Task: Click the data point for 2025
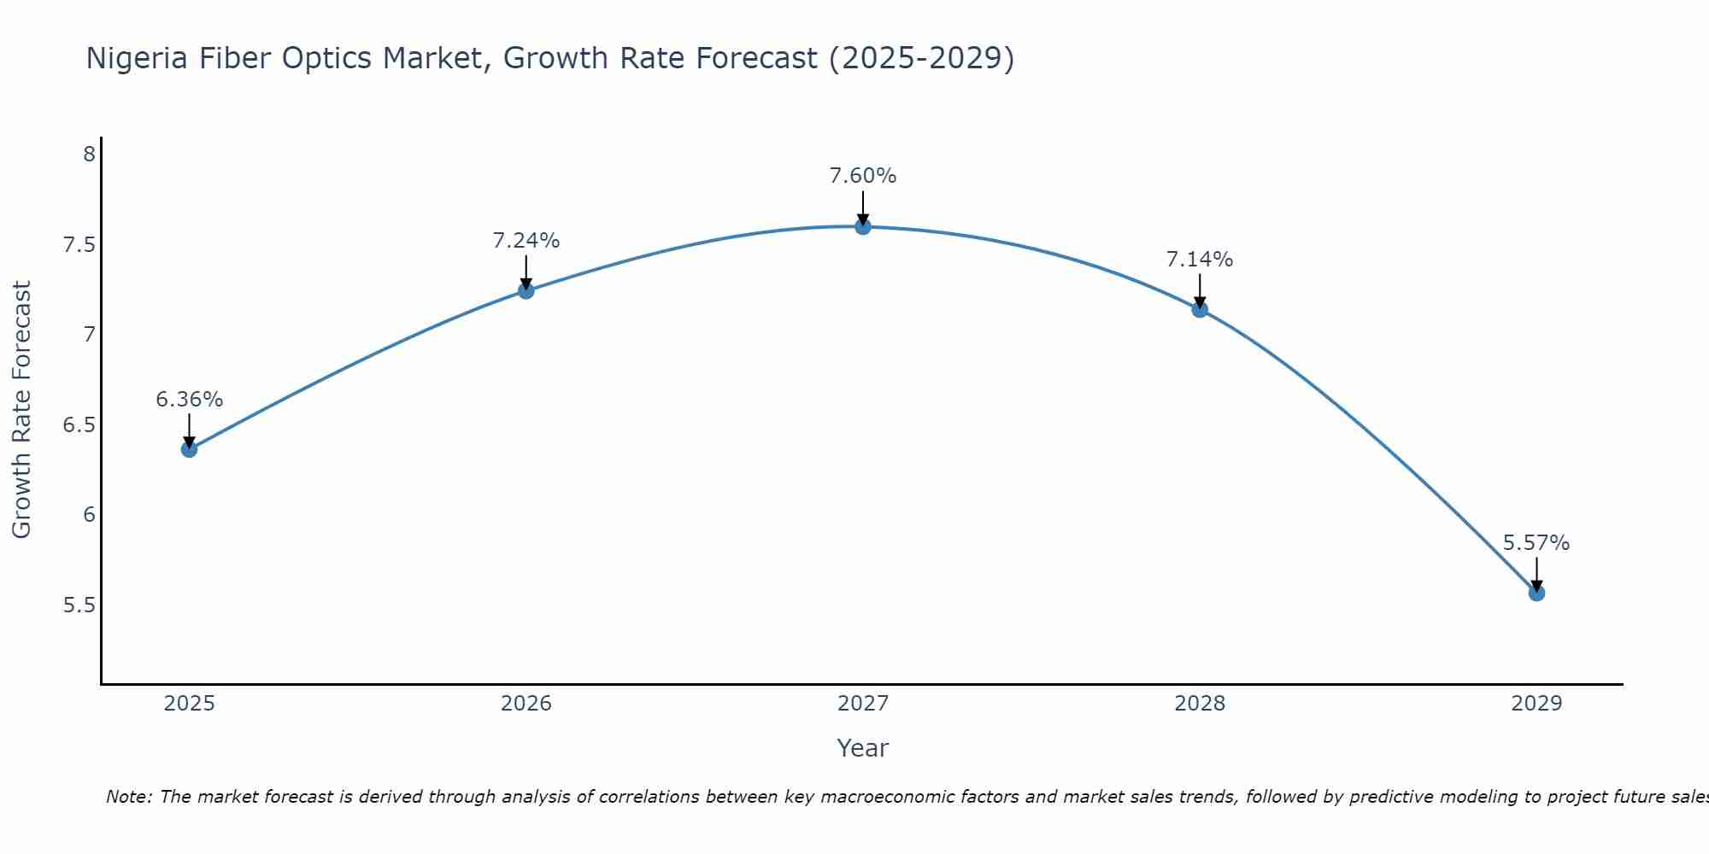[189, 449]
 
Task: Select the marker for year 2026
[526, 290]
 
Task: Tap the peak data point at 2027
[862, 226]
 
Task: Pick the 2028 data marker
[1199, 309]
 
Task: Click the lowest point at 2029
[1536, 593]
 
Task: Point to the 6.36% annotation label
[189, 400]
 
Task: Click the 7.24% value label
[526, 241]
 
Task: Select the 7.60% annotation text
[862, 176]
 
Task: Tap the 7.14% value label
[1199, 260]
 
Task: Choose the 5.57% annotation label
[1536, 543]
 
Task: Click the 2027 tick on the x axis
[862, 704]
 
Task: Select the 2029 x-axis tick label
[1536, 704]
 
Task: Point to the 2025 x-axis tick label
[189, 704]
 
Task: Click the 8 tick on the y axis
[88, 155]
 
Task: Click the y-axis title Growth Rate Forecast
[21, 409]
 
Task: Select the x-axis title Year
[862, 748]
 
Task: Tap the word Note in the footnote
[128, 797]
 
